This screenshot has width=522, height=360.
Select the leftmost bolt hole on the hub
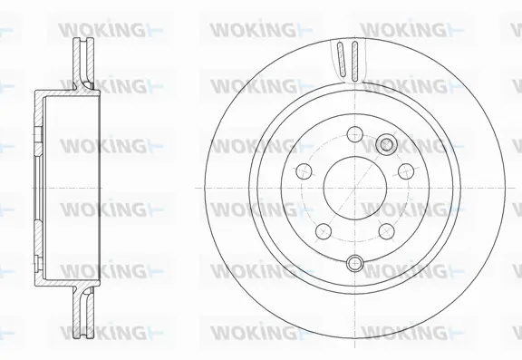tap(301, 176)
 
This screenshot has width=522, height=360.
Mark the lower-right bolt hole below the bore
tap(385, 227)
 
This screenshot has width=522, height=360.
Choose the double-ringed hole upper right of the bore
tap(388, 142)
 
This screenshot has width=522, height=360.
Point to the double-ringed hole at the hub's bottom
tap(354, 264)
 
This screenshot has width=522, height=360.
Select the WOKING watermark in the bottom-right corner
tap(404, 328)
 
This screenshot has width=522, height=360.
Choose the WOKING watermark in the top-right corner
tap(404, 29)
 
